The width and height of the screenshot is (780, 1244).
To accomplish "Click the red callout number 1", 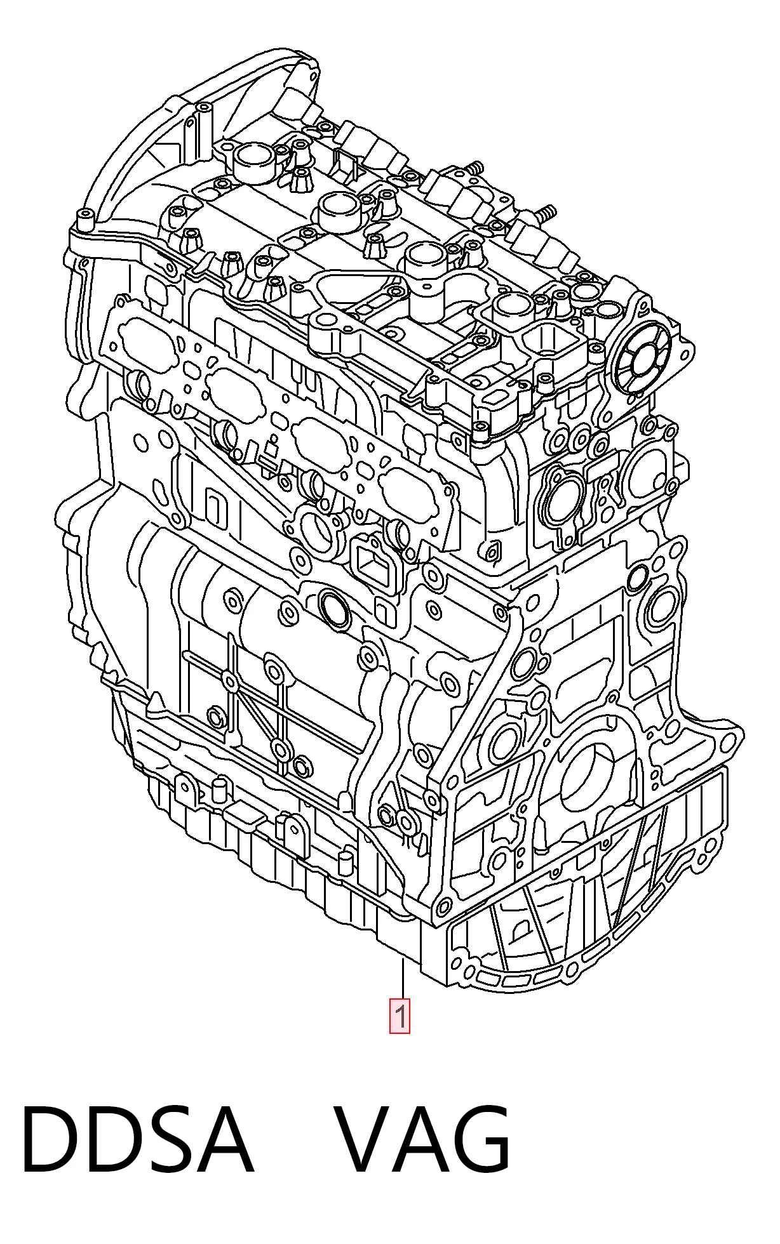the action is pyautogui.click(x=400, y=1016).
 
